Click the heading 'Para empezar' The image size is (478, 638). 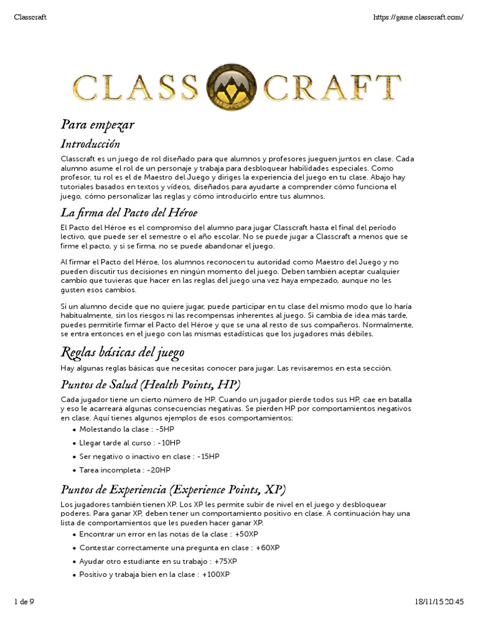[x=97, y=125]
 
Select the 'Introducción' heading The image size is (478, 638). [x=90, y=145]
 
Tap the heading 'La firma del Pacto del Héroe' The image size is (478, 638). [x=129, y=213]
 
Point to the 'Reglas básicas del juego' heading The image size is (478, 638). [x=122, y=353]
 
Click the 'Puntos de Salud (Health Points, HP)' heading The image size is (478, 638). [x=150, y=384]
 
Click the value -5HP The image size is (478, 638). [x=165, y=429]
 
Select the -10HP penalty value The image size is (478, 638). [x=169, y=443]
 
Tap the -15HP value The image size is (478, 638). [x=209, y=457]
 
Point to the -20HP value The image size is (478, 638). [x=158, y=470]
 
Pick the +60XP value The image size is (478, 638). [x=268, y=548]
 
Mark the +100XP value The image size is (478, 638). [x=216, y=574]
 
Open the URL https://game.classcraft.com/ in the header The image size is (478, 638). [x=419, y=17]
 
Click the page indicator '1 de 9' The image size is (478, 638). [x=24, y=601]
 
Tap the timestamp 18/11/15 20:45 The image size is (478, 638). [x=439, y=601]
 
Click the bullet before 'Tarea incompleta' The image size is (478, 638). [x=75, y=471]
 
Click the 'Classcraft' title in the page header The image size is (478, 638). [x=30, y=17]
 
